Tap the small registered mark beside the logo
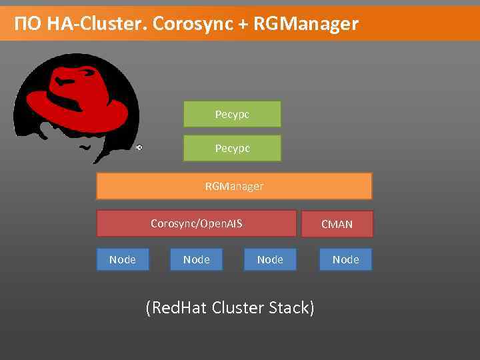click(139, 147)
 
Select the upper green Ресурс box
click(232, 114)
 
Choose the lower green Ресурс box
click(232, 148)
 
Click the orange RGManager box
click(234, 186)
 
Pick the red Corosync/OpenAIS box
click(196, 223)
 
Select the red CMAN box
click(337, 224)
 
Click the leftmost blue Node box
click(122, 259)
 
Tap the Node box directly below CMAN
click(345, 259)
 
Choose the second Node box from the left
click(196, 259)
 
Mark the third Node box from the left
click(270, 259)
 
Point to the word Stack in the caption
click(291, 308)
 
